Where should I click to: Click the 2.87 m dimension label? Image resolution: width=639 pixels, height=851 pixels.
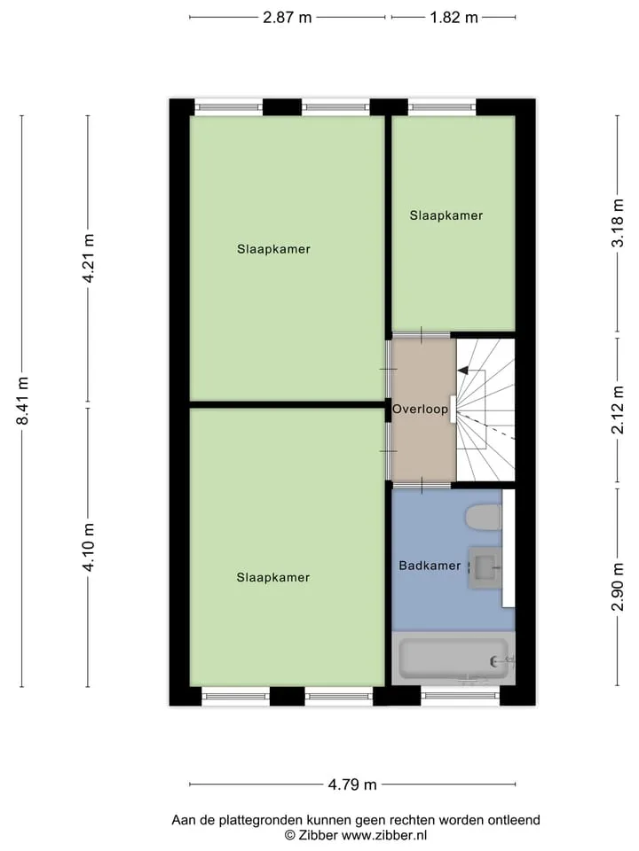point(287,18)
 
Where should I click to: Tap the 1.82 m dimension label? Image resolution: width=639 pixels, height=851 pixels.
point(454,18)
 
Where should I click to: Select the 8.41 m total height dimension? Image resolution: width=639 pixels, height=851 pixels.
point(22,400)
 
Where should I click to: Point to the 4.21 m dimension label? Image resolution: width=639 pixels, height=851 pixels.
point(88,258)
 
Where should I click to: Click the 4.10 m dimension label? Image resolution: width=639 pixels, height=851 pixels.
point(88,547)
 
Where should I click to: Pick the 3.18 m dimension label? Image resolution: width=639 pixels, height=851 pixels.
point(618,223)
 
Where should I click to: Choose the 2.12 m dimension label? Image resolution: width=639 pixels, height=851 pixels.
point(618,410)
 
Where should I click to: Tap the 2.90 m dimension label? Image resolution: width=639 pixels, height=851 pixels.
point(618,587)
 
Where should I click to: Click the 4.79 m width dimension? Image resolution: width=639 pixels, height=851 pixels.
point(352,785)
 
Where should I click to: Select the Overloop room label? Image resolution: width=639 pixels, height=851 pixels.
point(420,410)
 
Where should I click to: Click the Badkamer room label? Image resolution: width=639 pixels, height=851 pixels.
point(430,566)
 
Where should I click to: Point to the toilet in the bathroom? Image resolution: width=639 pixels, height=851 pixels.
point(484,517)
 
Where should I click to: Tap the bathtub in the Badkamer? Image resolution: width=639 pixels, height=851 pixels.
point(454,659)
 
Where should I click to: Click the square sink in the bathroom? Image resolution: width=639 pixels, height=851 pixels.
point(485,567)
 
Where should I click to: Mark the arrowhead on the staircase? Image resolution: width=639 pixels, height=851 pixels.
point(462,371)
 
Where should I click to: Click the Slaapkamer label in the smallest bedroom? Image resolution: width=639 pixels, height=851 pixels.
point(446,215)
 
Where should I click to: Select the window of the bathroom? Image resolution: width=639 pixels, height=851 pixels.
point(461,695)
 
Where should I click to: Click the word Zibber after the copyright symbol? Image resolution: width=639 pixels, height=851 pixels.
point(318,835)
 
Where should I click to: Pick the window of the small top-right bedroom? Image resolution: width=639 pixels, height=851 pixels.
point(442,107)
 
